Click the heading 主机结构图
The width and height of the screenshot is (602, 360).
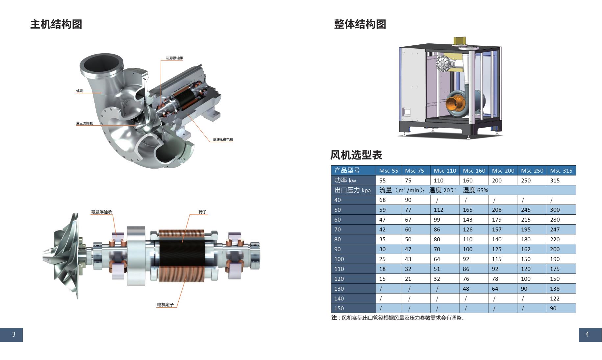pos(56,24)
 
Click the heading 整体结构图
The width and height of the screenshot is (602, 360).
pos(360,24)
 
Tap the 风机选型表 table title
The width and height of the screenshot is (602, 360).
pos(356,155)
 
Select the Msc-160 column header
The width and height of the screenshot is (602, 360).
pos(474,170)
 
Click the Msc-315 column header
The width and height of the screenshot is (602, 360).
pos(561,170)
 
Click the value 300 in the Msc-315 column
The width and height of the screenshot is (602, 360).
pos(555,210)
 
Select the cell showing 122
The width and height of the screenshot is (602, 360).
pos(555,299)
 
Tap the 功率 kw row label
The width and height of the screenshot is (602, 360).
pos(345,180)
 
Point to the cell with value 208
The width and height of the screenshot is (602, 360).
pos(497,210)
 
